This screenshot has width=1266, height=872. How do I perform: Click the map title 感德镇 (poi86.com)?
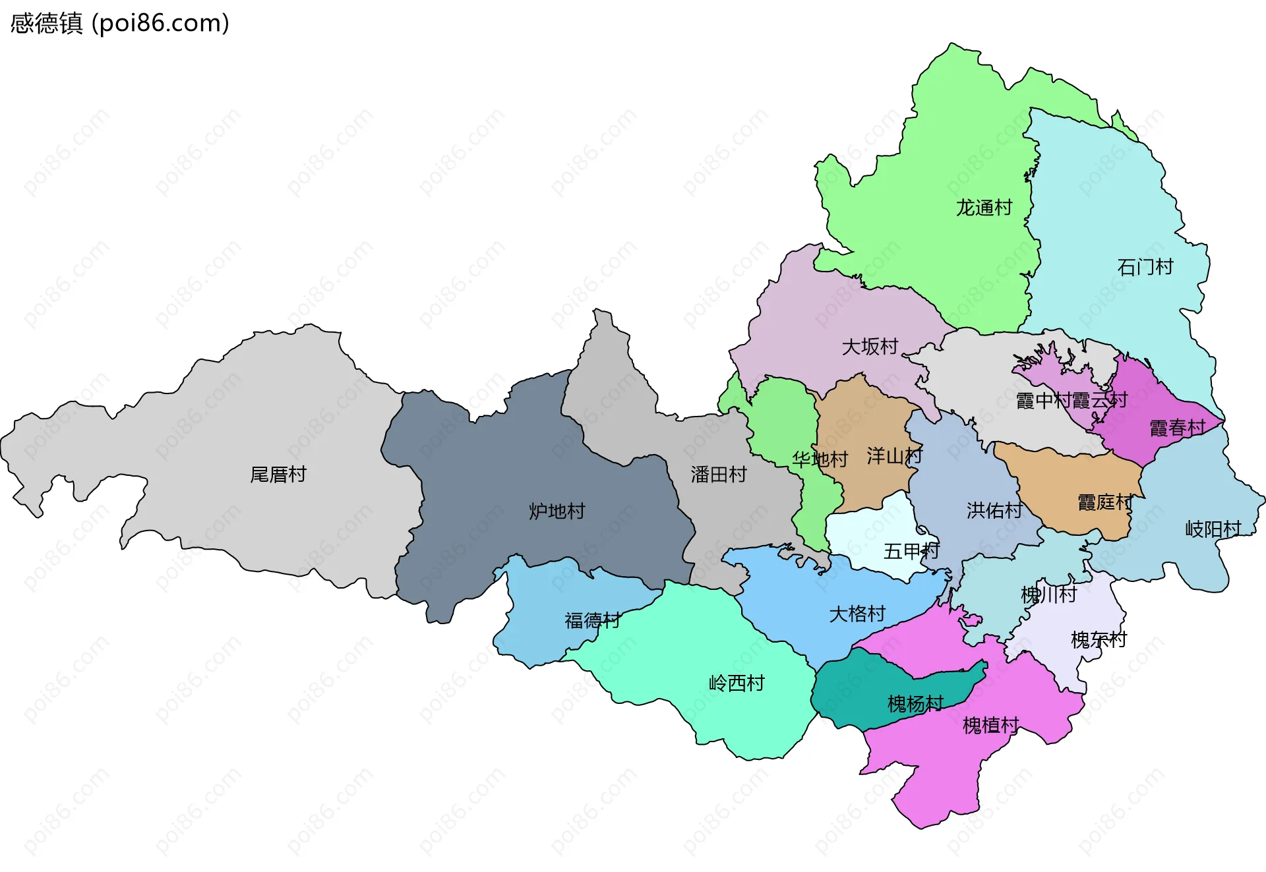119,23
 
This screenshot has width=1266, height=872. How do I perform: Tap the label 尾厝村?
278,475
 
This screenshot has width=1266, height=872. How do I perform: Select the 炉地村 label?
557,511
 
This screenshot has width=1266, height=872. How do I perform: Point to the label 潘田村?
718,475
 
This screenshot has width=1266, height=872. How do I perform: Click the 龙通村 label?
984,208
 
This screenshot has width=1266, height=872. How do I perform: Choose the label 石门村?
1145,267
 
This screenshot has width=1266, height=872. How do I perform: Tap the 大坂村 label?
870,347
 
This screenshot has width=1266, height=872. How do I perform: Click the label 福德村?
592,620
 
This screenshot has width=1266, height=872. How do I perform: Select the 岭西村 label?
736,683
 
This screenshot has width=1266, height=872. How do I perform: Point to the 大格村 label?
857,614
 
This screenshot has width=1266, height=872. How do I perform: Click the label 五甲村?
911,551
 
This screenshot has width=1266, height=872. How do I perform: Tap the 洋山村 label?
894,456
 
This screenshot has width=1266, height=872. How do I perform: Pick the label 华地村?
820,459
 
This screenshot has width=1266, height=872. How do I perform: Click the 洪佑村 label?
994,510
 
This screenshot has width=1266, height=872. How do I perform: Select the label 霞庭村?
1104,503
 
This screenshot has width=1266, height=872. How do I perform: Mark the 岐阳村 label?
1213,529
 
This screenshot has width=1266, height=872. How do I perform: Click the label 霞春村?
1177,428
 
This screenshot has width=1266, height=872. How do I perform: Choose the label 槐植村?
990,726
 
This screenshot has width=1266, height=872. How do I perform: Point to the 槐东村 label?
1099,640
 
